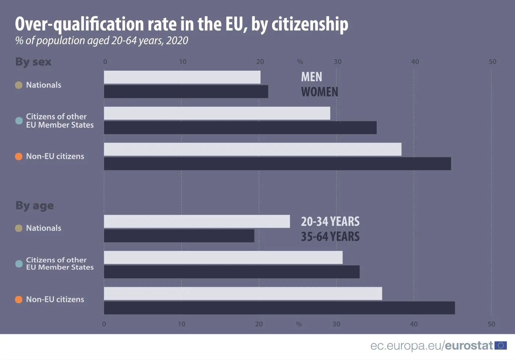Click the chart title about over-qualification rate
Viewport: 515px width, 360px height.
coord(181,24)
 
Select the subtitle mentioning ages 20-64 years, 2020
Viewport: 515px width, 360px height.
coord(102,40)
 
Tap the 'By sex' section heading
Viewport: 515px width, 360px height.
coord(33,62)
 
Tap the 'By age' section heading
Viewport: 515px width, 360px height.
coord(35,206)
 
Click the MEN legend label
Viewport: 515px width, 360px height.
coord(312,77)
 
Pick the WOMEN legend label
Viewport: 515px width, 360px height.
coord(319,92)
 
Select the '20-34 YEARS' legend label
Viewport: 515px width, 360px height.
coord(330,221)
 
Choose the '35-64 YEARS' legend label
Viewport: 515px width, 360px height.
coord(330,236)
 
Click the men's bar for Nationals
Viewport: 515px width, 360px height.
coord(182,77)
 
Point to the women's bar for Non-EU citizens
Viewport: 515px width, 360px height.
coord(277,164)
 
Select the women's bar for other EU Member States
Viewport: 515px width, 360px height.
coord(240,128)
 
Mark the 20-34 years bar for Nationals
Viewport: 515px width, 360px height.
coord(197,221)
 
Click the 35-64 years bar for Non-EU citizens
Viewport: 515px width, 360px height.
coord(279,308)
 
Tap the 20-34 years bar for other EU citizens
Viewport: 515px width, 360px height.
coord(223,257)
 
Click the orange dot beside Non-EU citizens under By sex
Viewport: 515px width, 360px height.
coord(19,157)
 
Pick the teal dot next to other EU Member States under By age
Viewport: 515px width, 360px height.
coord(19,264)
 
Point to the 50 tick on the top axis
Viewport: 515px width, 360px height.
coord(492,62)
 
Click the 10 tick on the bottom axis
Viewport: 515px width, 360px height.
coord(182,324)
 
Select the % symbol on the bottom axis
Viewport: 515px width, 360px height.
coord(299,324)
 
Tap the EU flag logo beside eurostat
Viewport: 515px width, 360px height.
coord(501,346)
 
